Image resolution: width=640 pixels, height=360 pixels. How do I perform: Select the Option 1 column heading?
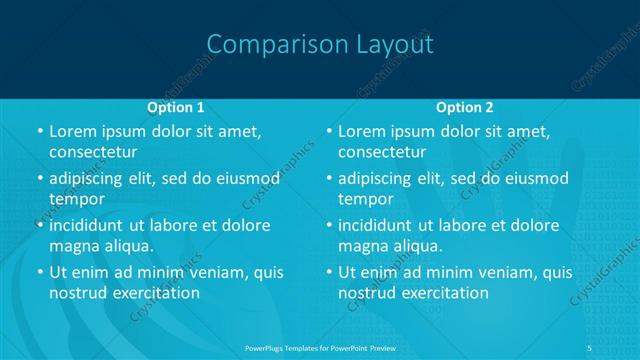point(176,106)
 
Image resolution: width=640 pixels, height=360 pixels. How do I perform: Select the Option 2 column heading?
point(465,106)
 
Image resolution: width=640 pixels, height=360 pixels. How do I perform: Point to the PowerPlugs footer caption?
point(319,349)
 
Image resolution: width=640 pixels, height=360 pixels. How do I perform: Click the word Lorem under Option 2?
point(362,131)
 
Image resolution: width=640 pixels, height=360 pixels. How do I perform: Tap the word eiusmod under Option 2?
point(534,179)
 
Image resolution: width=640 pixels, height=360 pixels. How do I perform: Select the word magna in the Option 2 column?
point(363,245)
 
